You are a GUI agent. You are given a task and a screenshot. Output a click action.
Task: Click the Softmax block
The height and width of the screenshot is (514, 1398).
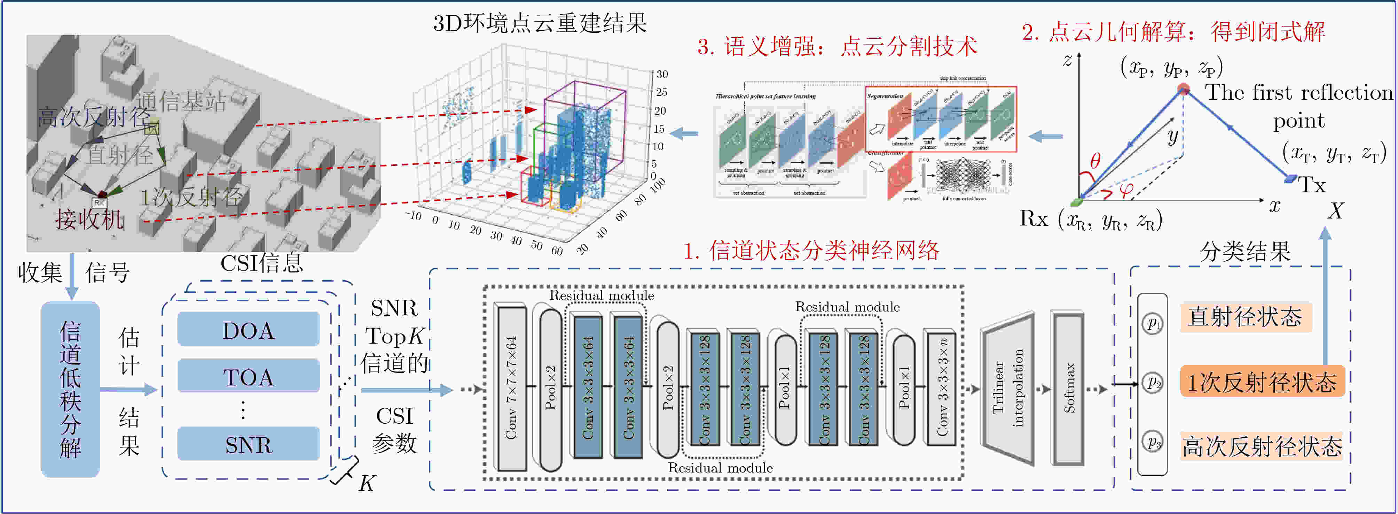(1068, 388)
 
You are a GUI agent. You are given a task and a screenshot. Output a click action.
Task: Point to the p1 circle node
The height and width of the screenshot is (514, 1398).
(1153, 324)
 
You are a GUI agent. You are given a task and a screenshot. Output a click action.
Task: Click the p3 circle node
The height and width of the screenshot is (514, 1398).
(1153, 442)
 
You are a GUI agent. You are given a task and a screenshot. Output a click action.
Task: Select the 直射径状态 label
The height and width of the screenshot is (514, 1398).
(1245, 317)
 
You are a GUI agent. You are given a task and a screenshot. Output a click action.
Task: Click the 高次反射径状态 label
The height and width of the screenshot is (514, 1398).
(1261, 447)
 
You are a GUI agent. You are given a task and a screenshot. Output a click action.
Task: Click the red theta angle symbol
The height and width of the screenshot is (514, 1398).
(1095, 161)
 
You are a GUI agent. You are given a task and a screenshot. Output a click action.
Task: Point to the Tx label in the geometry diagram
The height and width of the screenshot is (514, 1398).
(1312, 186)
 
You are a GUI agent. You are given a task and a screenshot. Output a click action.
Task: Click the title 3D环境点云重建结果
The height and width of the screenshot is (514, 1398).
(540, 23)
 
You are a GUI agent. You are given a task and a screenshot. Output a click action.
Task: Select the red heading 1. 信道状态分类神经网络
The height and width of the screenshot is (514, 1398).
(811, 251)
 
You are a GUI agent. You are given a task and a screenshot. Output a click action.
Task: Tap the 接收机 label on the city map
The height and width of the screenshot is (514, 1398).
(89, 220)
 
